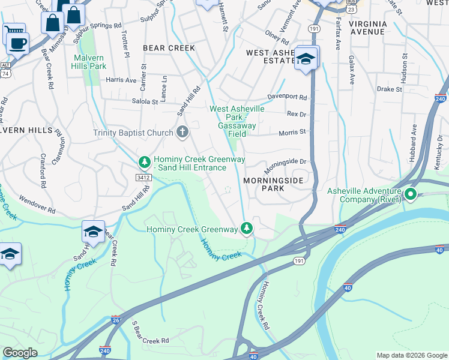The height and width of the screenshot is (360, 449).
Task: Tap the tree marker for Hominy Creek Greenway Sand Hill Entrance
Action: [144, 162]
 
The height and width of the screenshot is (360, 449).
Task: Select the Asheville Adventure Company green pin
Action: [411, 194]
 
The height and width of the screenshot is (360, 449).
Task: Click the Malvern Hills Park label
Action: [89, 62]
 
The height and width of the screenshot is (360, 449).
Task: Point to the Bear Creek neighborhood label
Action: [169, 47]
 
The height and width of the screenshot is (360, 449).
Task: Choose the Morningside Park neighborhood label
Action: [270, 184]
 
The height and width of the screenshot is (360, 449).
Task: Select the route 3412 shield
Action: [143, 178]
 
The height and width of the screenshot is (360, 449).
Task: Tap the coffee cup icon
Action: [19, 43]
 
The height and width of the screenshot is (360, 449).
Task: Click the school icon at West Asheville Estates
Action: [306, 59]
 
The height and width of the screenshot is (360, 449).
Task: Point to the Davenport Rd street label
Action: [287, 97]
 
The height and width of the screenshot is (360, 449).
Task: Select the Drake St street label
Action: [389, 89]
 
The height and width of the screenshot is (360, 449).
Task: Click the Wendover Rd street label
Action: [37, 203]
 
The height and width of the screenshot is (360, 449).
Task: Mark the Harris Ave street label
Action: [121, 80]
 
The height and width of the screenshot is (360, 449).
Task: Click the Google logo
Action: [20, 353]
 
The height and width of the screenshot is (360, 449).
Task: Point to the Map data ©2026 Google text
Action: [411, 355]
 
